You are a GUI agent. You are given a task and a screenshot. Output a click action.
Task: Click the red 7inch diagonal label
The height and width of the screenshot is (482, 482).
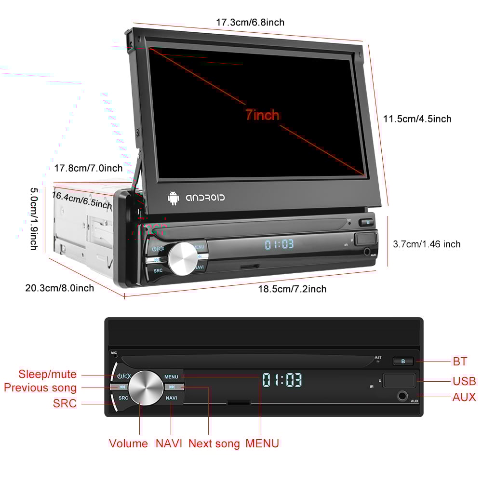tap(262, 115)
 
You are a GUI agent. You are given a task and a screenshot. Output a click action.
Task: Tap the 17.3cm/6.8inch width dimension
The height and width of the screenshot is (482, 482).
tap(250, 22)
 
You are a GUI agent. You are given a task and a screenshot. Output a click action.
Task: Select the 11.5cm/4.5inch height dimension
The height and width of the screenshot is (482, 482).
tap(417, 119)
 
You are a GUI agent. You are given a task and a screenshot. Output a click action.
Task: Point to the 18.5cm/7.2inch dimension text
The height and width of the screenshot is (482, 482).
tap(292, 289)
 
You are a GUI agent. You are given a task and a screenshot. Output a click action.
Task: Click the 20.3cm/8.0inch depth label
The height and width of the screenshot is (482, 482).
tap(60, 288)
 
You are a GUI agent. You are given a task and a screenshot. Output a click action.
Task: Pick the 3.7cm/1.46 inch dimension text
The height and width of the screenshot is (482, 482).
tap(427, 244)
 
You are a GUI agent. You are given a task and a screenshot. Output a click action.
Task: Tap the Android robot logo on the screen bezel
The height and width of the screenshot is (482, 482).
tap(173, 198)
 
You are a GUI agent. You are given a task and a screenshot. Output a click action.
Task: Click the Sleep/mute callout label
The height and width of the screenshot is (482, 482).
tap(48, 374)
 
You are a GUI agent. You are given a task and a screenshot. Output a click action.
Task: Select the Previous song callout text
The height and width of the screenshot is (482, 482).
tap(40, 388)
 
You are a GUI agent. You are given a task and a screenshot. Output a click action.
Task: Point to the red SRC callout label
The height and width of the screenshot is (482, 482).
tap(65, 403)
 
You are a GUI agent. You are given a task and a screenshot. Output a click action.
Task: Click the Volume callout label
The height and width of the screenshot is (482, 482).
tap(128, 443)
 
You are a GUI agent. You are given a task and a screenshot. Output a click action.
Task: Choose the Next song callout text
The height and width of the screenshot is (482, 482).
tap(214, 443)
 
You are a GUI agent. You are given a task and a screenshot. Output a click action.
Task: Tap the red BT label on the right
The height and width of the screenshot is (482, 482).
tap(460, 361)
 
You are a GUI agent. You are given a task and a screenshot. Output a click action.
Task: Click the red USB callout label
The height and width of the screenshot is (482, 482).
tap(464, 381)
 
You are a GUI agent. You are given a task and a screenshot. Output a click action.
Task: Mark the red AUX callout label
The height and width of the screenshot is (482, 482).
tap(464, 397)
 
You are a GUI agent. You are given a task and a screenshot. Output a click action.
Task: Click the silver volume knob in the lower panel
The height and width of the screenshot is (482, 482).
tap(146, 387)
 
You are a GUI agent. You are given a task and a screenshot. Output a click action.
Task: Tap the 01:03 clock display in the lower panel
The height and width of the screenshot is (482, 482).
tap(282, 380)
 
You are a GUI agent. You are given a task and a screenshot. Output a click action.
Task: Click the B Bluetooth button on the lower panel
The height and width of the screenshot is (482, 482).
tap(403, 361)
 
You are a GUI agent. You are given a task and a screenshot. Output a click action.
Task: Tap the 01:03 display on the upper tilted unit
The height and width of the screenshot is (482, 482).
tap(279, 244)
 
